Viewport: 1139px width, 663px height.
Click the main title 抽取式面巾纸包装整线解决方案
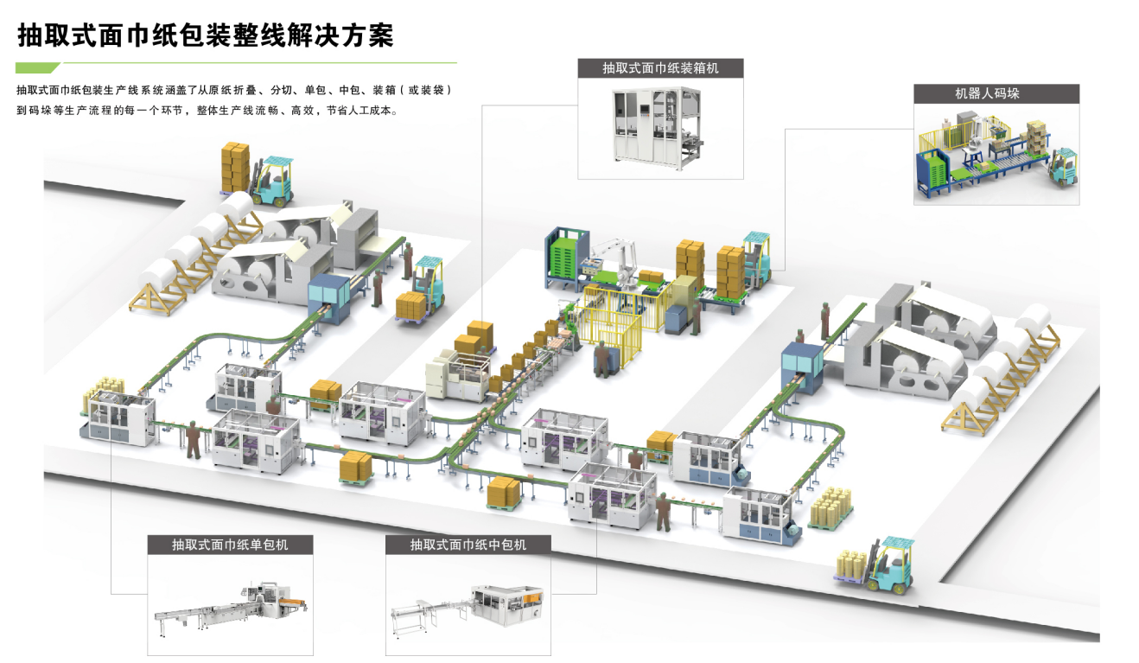[x=205, y=35]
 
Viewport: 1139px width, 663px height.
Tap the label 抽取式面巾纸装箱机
[x=660, y=67]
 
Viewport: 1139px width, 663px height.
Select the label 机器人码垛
[x=996, y=93]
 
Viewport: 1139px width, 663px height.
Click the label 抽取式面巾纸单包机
[x=229, y=545]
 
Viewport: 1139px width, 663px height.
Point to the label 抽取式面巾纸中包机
[x=468, y=545]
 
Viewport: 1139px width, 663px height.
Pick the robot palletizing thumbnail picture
[x=996, y=152]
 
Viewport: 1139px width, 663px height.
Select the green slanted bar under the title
[x=38, y=67]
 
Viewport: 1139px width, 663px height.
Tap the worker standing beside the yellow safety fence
[x=601, y=358]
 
